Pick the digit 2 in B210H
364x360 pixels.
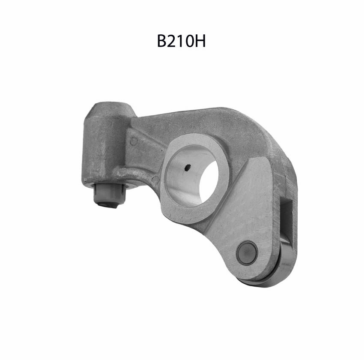[170, 41]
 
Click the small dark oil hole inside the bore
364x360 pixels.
[188, 167]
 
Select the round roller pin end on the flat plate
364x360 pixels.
[247, 252]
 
